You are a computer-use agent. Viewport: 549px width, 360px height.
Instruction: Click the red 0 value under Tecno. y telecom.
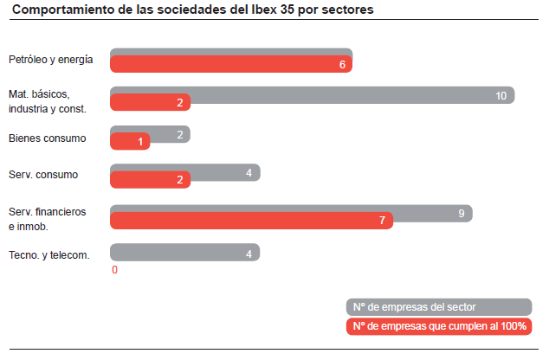tap(114, 270)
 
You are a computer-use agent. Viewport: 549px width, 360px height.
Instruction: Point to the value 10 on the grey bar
tap(501, 95)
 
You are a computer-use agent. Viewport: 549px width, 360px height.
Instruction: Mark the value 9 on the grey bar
tap(462, 212)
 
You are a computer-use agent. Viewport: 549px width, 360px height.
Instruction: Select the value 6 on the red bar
tap(342, 65)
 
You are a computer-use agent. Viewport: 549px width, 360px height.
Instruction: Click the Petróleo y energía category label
tap(50, 61)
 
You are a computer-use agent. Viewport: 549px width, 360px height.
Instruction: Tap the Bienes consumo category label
tap(47, 138)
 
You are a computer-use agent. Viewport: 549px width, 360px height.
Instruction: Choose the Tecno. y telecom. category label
tap(48, 255)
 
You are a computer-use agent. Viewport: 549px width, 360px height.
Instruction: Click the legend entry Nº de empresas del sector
tap(438, 307)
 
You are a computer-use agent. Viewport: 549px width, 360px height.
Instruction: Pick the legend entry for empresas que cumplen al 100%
tap(438, 326)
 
